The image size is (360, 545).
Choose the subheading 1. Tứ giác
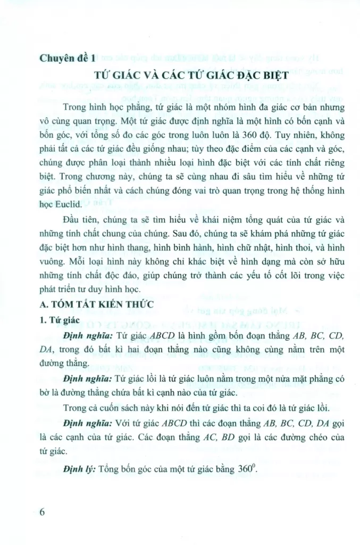pos(59,321)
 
